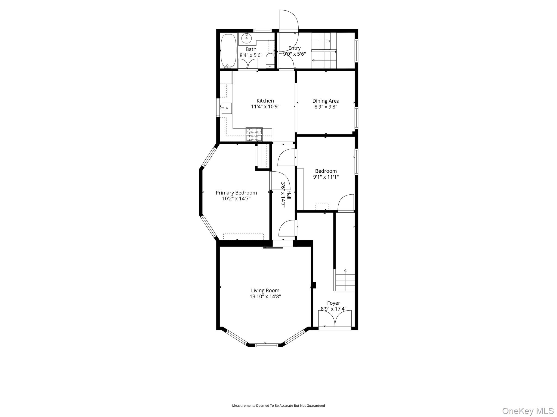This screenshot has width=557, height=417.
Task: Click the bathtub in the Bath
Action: click(x=228, y=50)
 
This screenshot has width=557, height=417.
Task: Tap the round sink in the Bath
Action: click(x=246, y=38)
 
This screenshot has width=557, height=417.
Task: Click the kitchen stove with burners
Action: click(x=254, y=134)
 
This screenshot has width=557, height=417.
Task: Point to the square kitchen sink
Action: click(x=226, y=108)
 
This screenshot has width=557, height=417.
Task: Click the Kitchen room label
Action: click(x=265, y=101)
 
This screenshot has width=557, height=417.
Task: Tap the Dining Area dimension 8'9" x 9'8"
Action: click(x=326, y=107)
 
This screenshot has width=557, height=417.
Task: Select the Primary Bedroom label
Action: click(x=236, y=193)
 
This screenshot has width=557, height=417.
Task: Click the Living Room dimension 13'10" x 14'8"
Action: click(x=265, y=296)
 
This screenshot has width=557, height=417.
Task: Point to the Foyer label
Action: click(x=333, y=303)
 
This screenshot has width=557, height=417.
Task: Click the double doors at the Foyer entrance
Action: click(x=335, y=319)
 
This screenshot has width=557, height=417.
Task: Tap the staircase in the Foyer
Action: click(x=345, y=280)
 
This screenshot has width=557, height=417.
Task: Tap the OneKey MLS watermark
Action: click(x=528, y=411)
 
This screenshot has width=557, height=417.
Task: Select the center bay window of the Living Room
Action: click(x=267, y=345)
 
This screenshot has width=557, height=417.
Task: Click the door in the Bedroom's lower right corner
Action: click(x=346, y=203)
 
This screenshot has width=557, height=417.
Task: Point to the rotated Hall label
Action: click(x=289, y=195)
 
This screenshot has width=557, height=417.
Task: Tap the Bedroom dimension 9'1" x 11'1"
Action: click(x=326, y=177)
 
